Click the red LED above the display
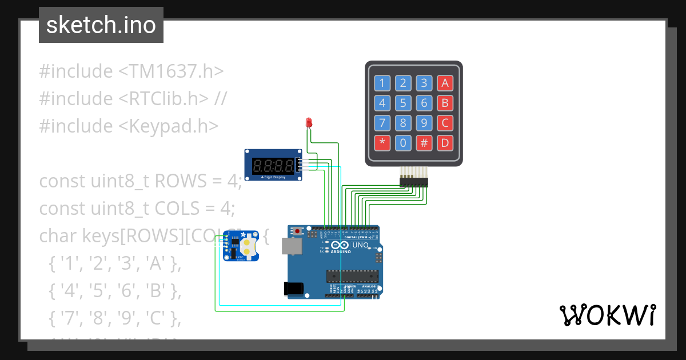tap(309, 122)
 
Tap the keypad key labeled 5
tap(403, 103)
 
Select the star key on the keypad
tap(382, 143)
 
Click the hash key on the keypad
tap(424, 143)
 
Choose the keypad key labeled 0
tap(403, 143)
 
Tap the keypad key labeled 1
tap(382, 83)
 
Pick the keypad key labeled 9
tap(424, 123)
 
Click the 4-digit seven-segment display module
tap(274, 166)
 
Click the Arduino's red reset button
tap(298, 231)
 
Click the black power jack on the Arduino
tap(293, 289)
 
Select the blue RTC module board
tap(240, 246)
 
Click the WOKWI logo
tap(607, 315)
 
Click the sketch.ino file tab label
tap(101, 25)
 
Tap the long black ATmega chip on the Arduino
tap(352, 276)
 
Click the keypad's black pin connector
tap(413, 182)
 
